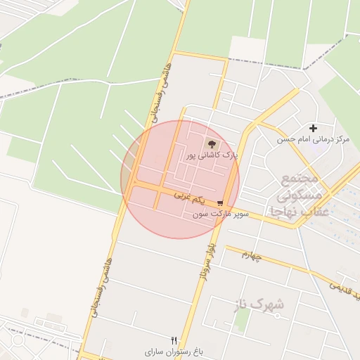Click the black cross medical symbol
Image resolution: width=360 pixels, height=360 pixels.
tap(314, 128)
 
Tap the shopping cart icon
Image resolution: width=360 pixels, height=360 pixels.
tap(221, 203)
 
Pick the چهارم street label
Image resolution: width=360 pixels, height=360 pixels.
tap(252, 255)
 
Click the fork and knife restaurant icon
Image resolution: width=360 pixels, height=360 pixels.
tap(174, 340)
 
